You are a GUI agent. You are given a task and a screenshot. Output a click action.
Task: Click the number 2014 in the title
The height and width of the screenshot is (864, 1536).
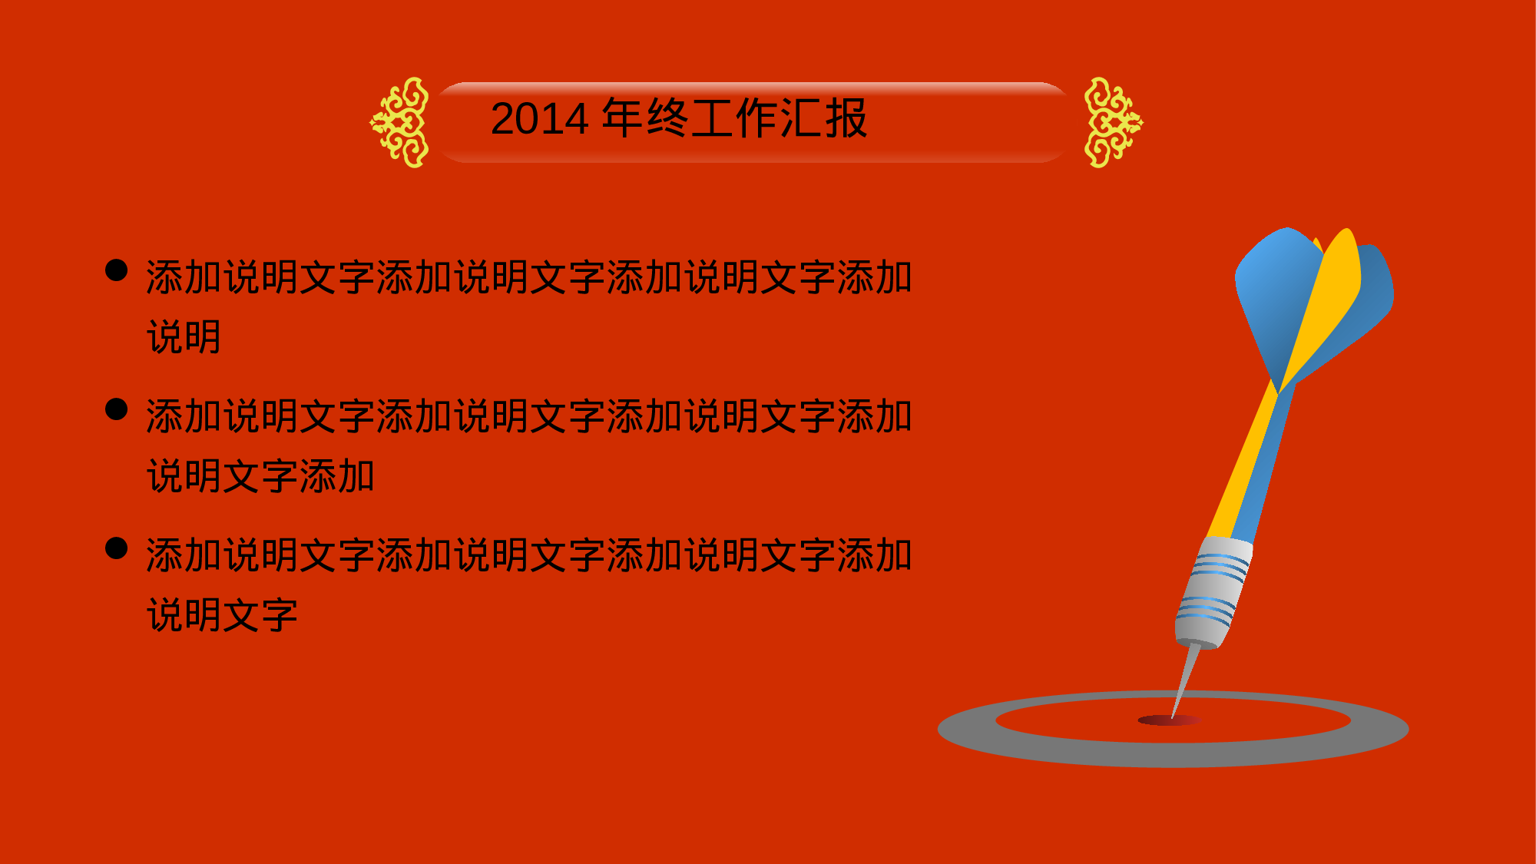[x=540, y=119]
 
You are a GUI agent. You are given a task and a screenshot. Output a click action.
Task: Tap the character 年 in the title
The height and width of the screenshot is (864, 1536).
[x=623, y=118]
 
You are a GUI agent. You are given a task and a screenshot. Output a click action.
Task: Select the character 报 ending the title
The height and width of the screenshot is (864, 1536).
[x=846, y=118]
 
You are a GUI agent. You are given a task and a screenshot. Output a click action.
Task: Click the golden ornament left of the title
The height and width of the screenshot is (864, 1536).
[x=399, y=122]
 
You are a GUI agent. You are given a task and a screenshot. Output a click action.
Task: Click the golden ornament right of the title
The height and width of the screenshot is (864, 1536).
[x=1114, y=122]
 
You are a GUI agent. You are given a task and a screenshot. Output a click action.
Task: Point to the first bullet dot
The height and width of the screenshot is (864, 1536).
[x=116, y=270]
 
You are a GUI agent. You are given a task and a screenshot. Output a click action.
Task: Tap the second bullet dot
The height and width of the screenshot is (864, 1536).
[x=116, y=409]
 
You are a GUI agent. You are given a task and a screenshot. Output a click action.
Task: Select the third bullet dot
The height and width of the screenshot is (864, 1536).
[x=116, y=548]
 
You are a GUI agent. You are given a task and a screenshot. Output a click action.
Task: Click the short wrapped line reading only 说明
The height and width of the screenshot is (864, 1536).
[x=184, y=337]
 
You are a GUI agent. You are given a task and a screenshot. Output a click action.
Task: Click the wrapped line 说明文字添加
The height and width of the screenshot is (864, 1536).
[x=261, y=476]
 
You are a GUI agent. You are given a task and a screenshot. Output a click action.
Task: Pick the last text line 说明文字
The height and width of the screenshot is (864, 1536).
[x=223, y=615]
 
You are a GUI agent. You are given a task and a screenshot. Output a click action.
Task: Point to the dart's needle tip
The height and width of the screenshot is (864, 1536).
[x=1172, y=717]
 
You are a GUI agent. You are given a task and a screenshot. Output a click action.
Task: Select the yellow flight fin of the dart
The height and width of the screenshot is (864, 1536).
[x=1321, y=307]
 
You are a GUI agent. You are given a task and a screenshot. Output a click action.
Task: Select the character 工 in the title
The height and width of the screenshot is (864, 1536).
[x=712, y=118]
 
